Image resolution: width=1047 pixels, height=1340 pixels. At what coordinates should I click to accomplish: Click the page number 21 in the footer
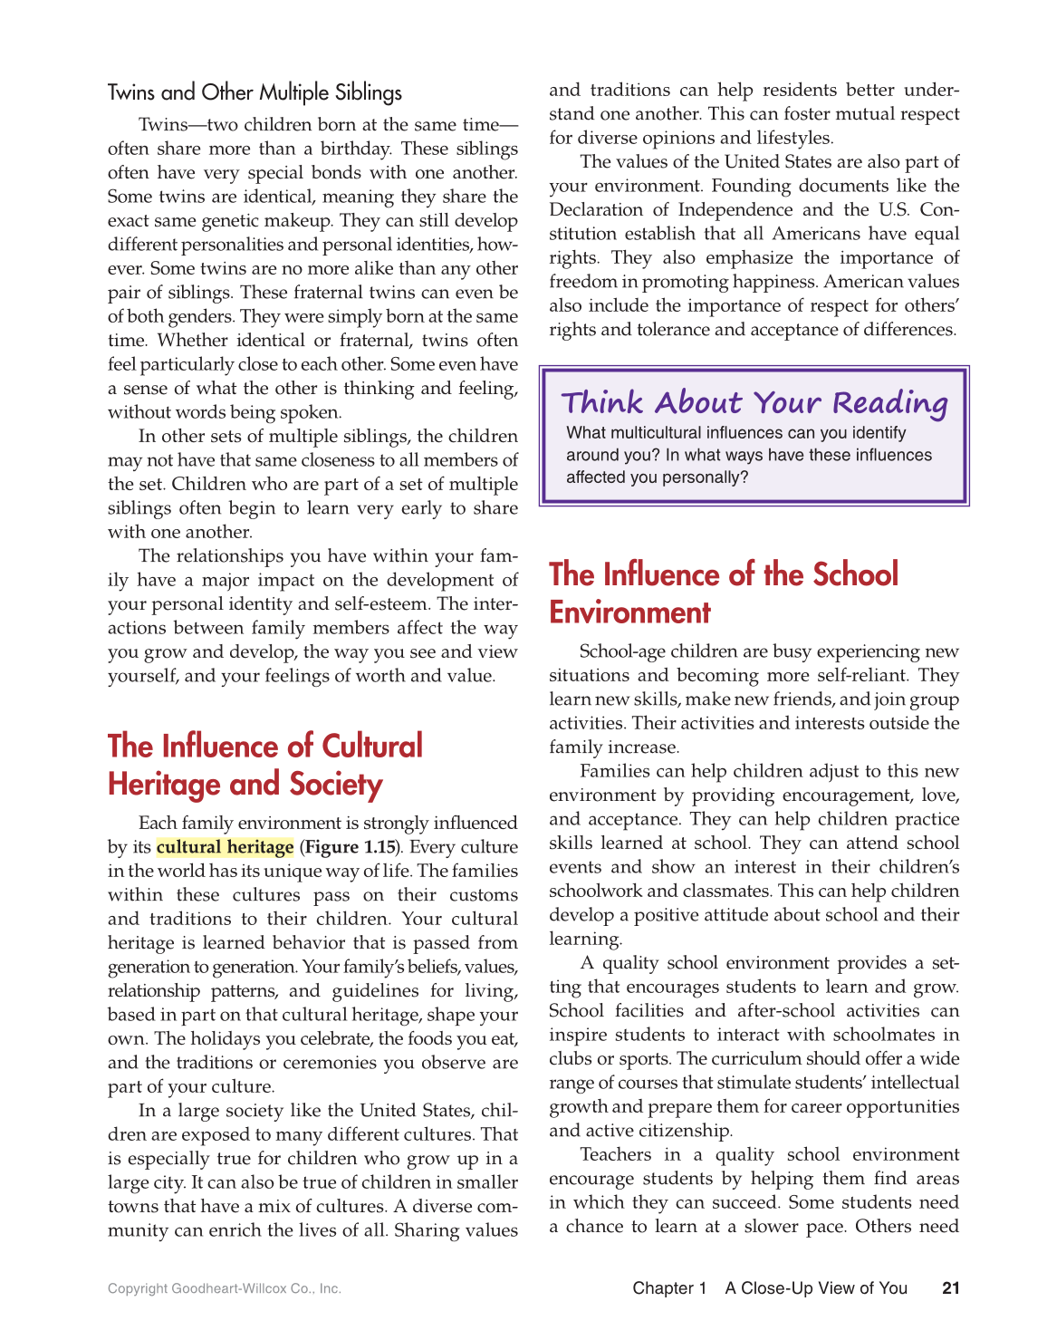tap(950, 1287)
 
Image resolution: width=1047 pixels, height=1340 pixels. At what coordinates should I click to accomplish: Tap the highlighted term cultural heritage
tap(225, 847)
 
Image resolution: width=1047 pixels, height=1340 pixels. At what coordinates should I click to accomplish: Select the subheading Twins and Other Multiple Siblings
tap(255, 92)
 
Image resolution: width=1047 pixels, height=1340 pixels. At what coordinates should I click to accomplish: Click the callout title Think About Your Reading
tap(754, 402)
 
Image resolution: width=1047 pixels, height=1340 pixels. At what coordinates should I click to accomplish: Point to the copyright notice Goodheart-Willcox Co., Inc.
tap(224, 1288)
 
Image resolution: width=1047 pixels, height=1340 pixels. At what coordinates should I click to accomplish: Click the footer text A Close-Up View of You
tap(815, 1287)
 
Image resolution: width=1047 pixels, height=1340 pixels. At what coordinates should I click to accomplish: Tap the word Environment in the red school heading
tap(629, 612)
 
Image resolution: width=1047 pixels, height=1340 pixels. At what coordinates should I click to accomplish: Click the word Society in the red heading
tap(335, 784)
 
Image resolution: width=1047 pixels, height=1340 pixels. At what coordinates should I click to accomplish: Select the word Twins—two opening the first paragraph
tap(187, 125)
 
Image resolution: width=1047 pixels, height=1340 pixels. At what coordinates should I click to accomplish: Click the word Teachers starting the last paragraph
tap(615, 1154)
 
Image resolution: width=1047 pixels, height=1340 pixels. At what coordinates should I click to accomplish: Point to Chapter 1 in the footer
tap(669, 1287)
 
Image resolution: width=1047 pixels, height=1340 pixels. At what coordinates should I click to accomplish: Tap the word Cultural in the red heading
tap(372, 746)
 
